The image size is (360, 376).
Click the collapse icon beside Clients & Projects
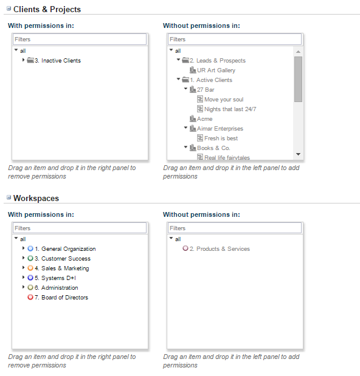click(9, 9)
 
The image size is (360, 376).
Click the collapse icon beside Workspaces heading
click(9, 197)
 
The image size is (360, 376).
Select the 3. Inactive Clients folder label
click(58, 60)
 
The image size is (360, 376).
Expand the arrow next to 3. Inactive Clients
click(23, 60)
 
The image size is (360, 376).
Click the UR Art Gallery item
click(216, 70)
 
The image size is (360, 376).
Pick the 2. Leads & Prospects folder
click(218, 60)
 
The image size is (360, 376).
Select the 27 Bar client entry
click(206, 90)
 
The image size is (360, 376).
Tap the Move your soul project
click(224, 99)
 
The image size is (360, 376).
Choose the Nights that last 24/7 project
click(230, 109)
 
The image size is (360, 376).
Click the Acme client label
click(204, 118)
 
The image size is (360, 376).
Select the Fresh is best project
click(221, 138)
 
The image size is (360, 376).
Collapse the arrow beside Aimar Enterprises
click(185, 128)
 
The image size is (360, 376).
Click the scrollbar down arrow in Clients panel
click(299, 154)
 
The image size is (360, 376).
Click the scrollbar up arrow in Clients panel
click(299, 52)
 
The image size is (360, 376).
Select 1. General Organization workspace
click(65, 249)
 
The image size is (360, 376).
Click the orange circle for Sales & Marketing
click(30, 268)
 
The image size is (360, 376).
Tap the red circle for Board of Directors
click(30, 297)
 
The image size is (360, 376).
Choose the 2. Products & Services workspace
click(220, 249)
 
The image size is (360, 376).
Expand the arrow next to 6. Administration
click(23, 287)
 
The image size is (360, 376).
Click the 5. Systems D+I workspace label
click(55, 278)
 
